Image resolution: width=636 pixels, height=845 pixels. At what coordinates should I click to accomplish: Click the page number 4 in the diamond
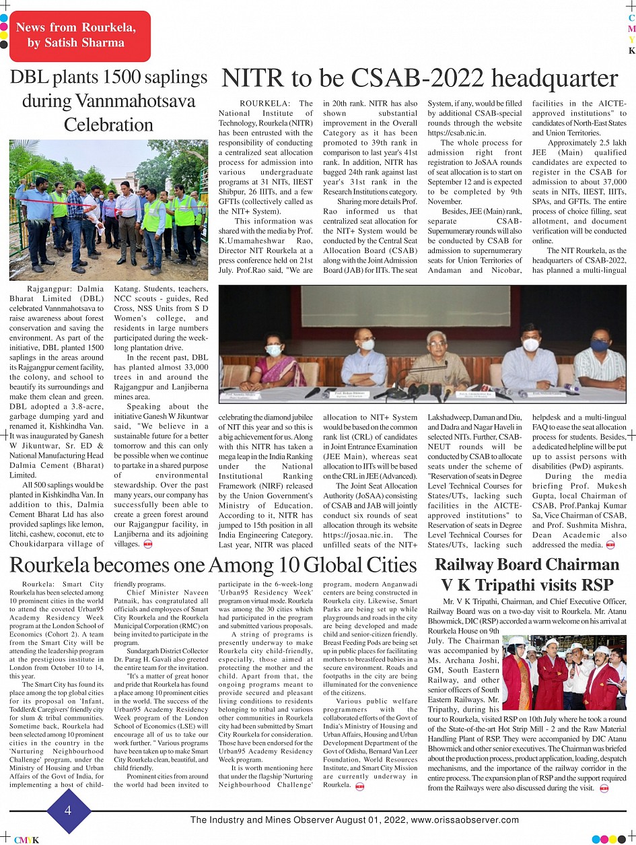point(67,810)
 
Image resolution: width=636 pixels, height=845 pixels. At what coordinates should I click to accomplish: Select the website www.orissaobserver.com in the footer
point(465,819)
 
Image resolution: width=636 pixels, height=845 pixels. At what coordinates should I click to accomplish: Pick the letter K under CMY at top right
point(631,50)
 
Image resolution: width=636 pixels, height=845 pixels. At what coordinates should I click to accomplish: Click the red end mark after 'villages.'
point(149,544)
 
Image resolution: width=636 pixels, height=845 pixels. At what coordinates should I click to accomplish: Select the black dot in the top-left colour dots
point(3,46)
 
